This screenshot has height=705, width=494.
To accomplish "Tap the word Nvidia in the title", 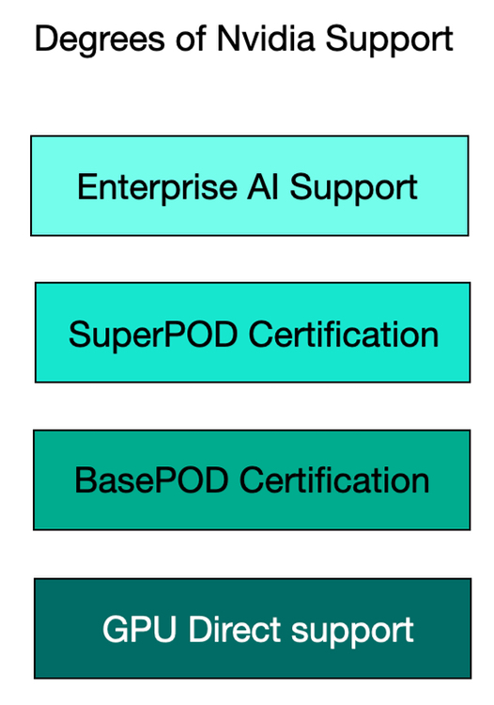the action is tap(266, 39).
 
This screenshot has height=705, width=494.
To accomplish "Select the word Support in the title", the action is tap(389, 41).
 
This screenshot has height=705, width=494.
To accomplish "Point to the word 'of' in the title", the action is tap(192, 39).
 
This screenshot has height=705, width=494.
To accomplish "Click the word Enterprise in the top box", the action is tap(157, 188).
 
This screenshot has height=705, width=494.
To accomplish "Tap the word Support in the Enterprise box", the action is tap(354, 188).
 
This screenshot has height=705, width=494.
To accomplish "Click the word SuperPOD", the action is tap(153, 336).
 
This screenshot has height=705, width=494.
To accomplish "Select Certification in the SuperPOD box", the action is tap(344, 334).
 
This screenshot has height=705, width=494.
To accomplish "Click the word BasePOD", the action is tap(151, 480).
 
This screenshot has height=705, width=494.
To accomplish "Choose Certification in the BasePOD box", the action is tap(334, 479).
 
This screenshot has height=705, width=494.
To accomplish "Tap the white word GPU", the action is tap(139, 629).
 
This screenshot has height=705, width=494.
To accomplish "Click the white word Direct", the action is tap(234, 629).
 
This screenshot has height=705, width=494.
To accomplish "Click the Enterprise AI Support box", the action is tap(250, 186).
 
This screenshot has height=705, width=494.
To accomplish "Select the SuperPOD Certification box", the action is tap(253, 333).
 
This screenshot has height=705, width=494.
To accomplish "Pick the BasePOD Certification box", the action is tap(252, 480).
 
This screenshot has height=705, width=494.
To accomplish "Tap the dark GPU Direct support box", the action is tap(253, 629).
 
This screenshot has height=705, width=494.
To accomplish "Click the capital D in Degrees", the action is tap(46, 39).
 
